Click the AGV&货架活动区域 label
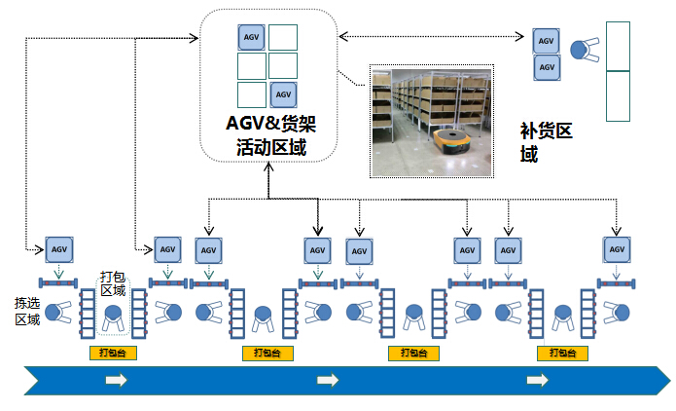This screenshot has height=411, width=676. coord(270,136)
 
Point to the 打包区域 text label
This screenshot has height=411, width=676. coord(114,282)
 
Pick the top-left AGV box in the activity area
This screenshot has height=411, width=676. coord(252,37)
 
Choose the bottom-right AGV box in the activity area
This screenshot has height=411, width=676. coord(283,94)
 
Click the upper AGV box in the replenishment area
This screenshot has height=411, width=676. coord(547,41)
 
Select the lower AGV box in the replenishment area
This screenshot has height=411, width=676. coord(547,68)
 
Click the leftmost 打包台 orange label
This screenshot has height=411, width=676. coord(114,353)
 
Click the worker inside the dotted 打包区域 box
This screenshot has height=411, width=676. coord(114,316)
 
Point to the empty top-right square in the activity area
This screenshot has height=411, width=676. coord(283,37)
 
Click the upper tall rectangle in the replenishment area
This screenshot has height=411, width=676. coord(618,46)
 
